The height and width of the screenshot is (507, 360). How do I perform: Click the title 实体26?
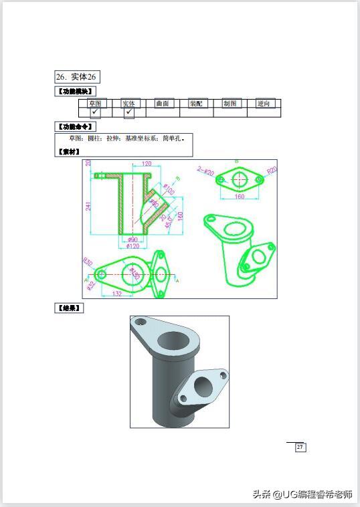(77, 77)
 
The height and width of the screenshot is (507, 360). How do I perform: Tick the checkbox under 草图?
(95, 112)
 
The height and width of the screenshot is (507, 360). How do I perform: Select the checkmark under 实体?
(128, 112)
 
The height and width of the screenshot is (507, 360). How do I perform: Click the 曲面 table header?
(163, 104)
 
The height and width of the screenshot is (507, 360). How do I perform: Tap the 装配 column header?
(196, 104)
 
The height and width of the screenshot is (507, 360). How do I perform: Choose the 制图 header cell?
(230, 104)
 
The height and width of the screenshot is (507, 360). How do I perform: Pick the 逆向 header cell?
(264, 104)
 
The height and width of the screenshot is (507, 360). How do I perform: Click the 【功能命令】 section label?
(74, 126)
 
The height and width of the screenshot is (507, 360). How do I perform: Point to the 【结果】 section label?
(69, 308)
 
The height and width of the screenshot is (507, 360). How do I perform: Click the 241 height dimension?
(88, 206)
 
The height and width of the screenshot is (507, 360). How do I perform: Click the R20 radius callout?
(271, 171)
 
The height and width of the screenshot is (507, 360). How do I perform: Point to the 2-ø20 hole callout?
(205, 171)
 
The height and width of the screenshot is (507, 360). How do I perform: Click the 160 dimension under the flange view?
(239, 197)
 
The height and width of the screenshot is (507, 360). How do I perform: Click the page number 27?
(300, 447)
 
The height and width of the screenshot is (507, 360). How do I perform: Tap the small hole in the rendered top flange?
(141, 322)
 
